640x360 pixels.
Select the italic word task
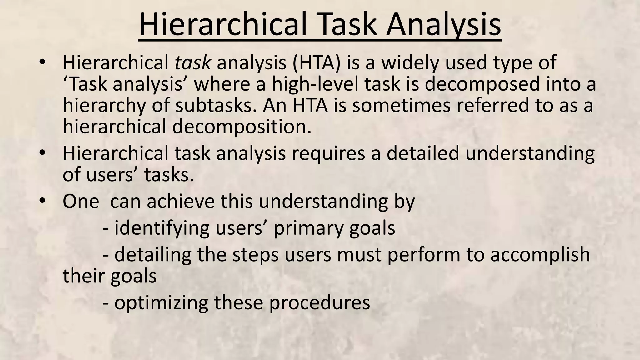[x=192, y=62]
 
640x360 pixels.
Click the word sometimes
[x=402, y=106]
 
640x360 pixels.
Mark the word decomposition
[x=242, y=127]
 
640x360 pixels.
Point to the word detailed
[x=423, y=154]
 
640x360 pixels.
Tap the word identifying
[x=162, y=228]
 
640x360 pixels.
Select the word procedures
[x=319, y=303]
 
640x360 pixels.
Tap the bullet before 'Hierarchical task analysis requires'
[x=42, y=153]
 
